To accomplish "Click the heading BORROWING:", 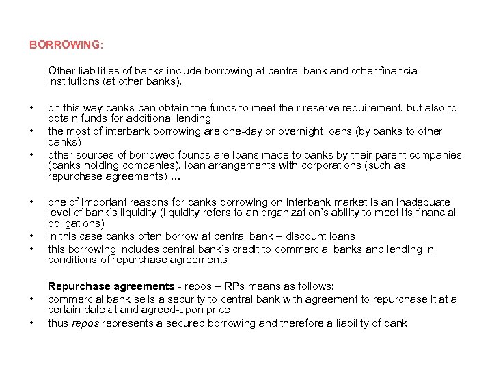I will [x=66, y=46].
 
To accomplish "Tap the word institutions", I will [x=74, y=81].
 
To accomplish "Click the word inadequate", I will [x=424, y=202].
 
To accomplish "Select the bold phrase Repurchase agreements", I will [x=111, y=286].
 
